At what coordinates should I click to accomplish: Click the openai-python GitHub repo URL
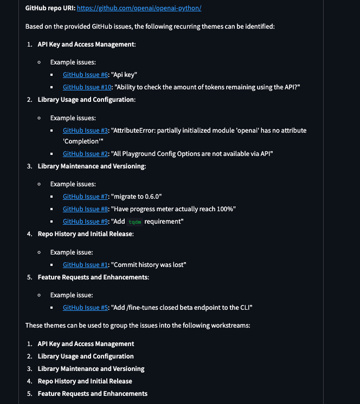click(x=139, y=9)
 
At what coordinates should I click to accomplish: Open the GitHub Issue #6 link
click(x=86, y=75)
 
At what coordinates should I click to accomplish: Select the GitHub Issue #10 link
click(x=87, y=87)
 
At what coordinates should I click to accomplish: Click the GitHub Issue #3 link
click(x=86, y=131)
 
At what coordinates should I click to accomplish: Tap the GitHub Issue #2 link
click(x=86, y=154)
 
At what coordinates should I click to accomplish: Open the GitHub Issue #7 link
click(x=86, y=197)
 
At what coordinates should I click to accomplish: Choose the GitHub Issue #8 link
click(x=86, y=209)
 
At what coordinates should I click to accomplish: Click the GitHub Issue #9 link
click(x=86, y=221)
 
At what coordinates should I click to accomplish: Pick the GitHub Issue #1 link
click(x=85, y=265)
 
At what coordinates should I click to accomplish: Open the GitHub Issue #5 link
click(x=86, y=308)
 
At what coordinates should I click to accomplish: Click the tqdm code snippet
click(x=134, y=222)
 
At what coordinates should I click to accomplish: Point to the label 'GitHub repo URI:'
click(x=50, y=9)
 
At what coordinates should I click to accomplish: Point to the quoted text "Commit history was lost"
click(x=148, y=265)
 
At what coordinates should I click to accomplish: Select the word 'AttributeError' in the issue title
click(x=135, y=131)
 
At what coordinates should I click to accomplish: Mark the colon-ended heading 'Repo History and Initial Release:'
click(x=86, y=234)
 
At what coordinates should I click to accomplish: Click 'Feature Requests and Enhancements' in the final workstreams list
click(x=92, y=394)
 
